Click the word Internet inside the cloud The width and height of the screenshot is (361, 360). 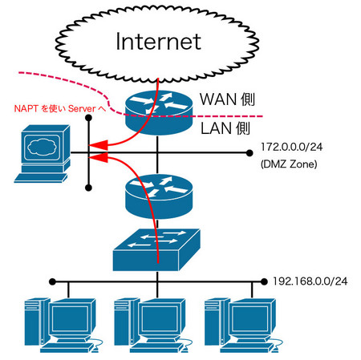159,42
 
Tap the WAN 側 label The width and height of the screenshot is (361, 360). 227,99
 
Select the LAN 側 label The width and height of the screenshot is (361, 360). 225,128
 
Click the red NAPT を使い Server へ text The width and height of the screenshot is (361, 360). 60,108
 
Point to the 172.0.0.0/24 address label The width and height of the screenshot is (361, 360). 291,147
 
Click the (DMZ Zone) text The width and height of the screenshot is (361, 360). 289,164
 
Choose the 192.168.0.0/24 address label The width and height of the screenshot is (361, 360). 310,281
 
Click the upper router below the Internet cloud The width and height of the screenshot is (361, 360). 159,112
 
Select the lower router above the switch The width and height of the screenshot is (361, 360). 159,196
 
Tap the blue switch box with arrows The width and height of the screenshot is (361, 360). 156,250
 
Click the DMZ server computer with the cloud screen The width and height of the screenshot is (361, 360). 43,154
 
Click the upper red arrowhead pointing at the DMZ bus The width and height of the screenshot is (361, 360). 98,145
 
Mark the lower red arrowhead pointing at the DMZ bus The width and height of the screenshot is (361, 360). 98,157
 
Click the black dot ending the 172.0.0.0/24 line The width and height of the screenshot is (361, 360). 249,153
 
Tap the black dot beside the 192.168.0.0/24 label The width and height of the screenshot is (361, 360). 264,281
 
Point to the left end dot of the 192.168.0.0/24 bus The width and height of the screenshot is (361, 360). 53,281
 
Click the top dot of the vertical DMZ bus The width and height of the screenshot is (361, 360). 88,118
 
